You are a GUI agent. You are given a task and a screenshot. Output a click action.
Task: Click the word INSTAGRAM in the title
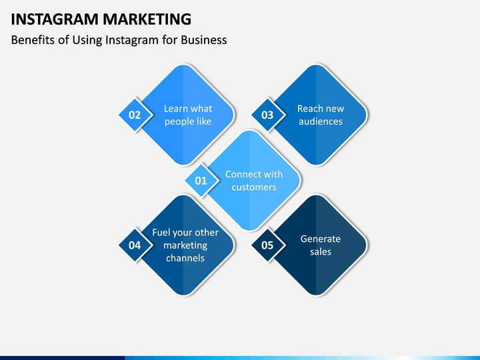(x=55, y=19)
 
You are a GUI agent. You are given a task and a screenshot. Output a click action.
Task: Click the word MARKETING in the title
(x=147, y=19)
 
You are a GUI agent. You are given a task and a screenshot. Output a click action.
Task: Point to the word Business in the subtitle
(x=204, y=40)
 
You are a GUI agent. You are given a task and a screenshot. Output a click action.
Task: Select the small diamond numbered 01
(x=201, y=181)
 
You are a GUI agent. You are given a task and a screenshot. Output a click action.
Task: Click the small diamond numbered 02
(x=135, y=115)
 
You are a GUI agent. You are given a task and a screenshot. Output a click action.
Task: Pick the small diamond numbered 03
(x=267, y=115)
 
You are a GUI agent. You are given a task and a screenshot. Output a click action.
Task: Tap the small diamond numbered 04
(x=135, y=245)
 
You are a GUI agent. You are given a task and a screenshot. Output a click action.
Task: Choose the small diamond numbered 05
(x=267, y=245)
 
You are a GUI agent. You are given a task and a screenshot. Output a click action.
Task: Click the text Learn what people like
(x=188, y=115)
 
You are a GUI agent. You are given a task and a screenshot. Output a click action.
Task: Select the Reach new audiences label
(x=321, y=115)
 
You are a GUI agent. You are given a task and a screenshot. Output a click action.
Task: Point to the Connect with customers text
(x=254, y=181)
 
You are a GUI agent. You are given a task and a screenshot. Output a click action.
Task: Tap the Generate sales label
(x=321, y=245)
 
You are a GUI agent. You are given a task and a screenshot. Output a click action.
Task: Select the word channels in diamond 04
(x=185, y=258)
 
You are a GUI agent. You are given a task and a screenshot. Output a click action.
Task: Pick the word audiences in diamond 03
(x=321, y=121)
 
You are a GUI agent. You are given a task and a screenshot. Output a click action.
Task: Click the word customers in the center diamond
(x=254, y=187)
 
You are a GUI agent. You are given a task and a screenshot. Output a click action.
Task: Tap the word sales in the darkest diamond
(x=321, y=251)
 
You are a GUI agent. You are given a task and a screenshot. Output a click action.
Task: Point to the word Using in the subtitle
(x=87, y=41)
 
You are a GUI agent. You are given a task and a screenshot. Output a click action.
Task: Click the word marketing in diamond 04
(x=185, y=245)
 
